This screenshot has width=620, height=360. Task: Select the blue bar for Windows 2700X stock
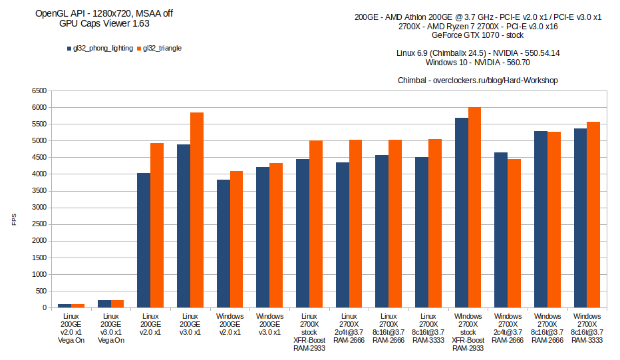pyautogui.click(x=461, y=212)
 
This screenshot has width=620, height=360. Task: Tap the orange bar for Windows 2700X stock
pyautogui.click(x=474, y=207)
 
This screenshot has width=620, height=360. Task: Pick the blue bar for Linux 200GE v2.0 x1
pyautogui.click(x=144, y=240)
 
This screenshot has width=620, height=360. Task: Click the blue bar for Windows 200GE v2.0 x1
pyautogui.click(x=223, y=244)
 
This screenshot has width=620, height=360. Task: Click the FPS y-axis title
pyautogui.click(x=14, y=219)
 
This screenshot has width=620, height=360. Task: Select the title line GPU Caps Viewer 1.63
pyautogui.click(x=104, y=23)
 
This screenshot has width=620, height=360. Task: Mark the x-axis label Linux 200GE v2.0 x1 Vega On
pyautogui.click(x=71, y=329)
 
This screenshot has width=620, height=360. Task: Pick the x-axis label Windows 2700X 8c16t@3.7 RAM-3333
pyautogui.click(x=587, y=329)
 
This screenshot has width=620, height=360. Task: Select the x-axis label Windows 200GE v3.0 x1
pyautogui.click(x=269, y=324)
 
